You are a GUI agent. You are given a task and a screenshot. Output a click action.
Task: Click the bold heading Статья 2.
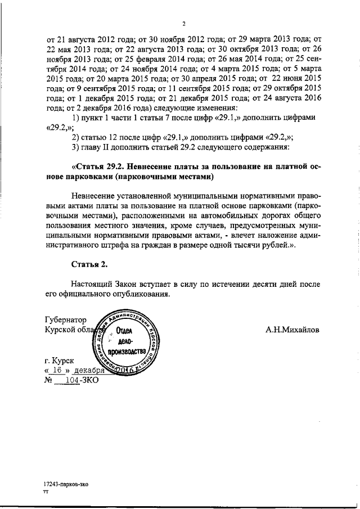pos(89,264)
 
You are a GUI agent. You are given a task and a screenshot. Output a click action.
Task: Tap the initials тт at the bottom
pos(47,492)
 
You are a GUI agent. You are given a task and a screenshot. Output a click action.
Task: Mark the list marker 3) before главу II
pos(77,147)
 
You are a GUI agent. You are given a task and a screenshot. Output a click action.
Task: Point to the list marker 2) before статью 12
pos(77,137)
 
